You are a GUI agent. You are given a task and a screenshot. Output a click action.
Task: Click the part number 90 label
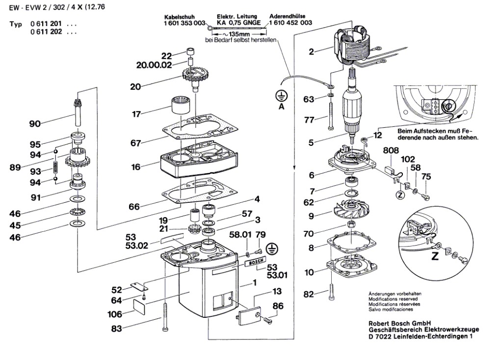point(35,123)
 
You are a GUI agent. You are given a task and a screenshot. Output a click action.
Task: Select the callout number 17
point(136,114)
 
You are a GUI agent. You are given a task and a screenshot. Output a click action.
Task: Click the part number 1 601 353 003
point(185,23)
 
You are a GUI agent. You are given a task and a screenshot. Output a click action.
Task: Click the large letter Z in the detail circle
point(434,256)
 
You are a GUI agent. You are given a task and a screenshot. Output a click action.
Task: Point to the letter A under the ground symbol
point(282,107)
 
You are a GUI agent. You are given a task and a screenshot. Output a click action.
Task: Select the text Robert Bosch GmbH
point(397,323)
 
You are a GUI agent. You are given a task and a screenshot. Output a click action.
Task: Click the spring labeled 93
point(56,164)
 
